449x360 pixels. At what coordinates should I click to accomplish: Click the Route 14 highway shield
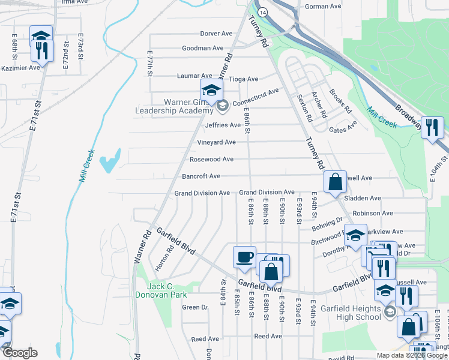click(262, 11)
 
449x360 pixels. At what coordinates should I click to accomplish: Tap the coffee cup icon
click(244, 256)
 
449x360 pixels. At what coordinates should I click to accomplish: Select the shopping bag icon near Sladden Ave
click(335, 181)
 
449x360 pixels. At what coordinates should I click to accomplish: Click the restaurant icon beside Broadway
click(432, 127)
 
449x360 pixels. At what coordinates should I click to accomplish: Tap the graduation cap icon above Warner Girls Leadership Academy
click(211, 90)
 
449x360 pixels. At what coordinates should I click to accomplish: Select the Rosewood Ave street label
click(211, 160)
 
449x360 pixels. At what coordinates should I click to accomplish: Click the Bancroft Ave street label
click(201, 176)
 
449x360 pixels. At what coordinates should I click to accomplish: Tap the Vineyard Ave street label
click(216, 142)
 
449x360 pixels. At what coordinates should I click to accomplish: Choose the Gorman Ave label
click(323, 7)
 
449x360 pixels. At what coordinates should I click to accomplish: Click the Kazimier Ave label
click(20, 68)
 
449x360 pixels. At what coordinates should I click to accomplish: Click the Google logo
click(19, 353)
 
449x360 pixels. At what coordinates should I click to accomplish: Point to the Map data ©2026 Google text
click(411, 355)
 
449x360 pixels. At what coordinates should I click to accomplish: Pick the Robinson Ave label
click(372, 213)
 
